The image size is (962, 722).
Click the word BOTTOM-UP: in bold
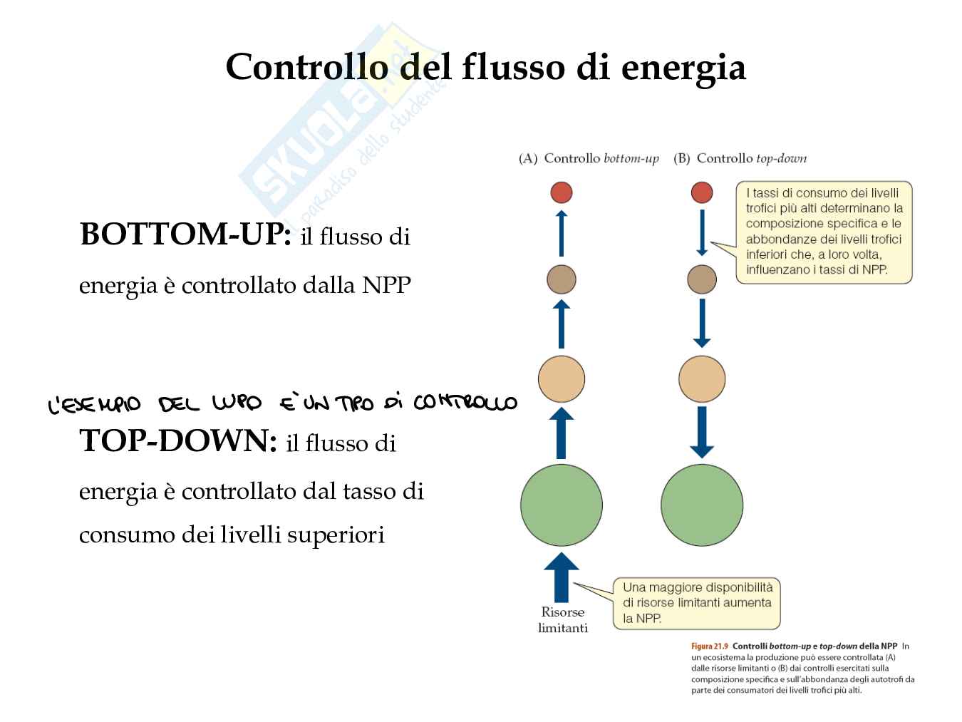click(x=185, y=234)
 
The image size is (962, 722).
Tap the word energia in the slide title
click(x=683, y=68)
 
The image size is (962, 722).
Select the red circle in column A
click(x=562, y=192)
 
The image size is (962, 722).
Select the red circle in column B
click(x=702, y=192)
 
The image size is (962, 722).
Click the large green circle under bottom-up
click(x=562, y=505)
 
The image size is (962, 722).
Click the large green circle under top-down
click(x=702, y=505)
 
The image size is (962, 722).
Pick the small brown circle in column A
click(x=562, y=279)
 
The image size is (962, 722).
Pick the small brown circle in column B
click(x=702, y=279)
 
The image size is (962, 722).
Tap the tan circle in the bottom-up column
click(x=562, y=378)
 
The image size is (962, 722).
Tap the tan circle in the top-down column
click(x=702, y=378)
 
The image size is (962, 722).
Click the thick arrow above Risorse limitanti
click(x=562, y=577)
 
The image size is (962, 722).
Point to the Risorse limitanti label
click(x=563, y=620)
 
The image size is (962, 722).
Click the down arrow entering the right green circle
click(x=702, y=432)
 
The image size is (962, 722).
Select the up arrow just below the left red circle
click(x=562, y=232)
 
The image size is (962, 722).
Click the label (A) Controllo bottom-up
click(x=589, y=159)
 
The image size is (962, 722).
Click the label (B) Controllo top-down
click(x=740, y=159)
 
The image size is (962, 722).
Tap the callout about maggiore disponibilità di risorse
click(x=697, y=603)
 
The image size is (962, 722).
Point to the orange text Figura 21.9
click(x=710, y=646)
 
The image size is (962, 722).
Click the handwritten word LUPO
click(x=237, y=404)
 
